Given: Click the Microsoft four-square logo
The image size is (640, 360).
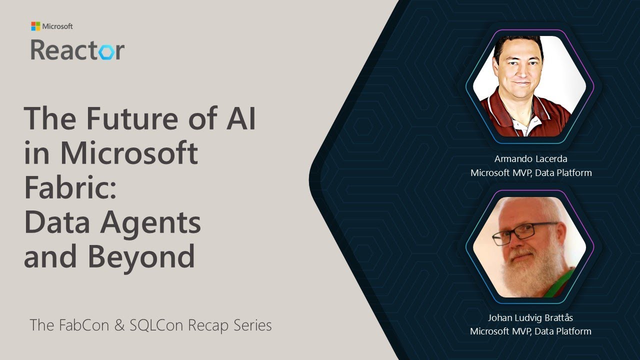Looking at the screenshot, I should tap(35, 26).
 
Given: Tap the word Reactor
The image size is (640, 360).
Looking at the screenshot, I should tap(77, 50).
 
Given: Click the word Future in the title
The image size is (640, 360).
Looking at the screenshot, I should tap(136, 118).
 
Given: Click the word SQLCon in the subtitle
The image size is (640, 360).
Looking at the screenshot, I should tap(157, 325).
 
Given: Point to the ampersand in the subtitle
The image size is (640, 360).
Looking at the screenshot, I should tap(119, 325).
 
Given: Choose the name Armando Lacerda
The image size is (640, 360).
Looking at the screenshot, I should tap(530, 159).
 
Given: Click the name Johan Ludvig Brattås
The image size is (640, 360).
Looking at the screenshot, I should tap(530, 317).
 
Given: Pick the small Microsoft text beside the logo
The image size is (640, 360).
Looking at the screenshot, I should tap(57, 26).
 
